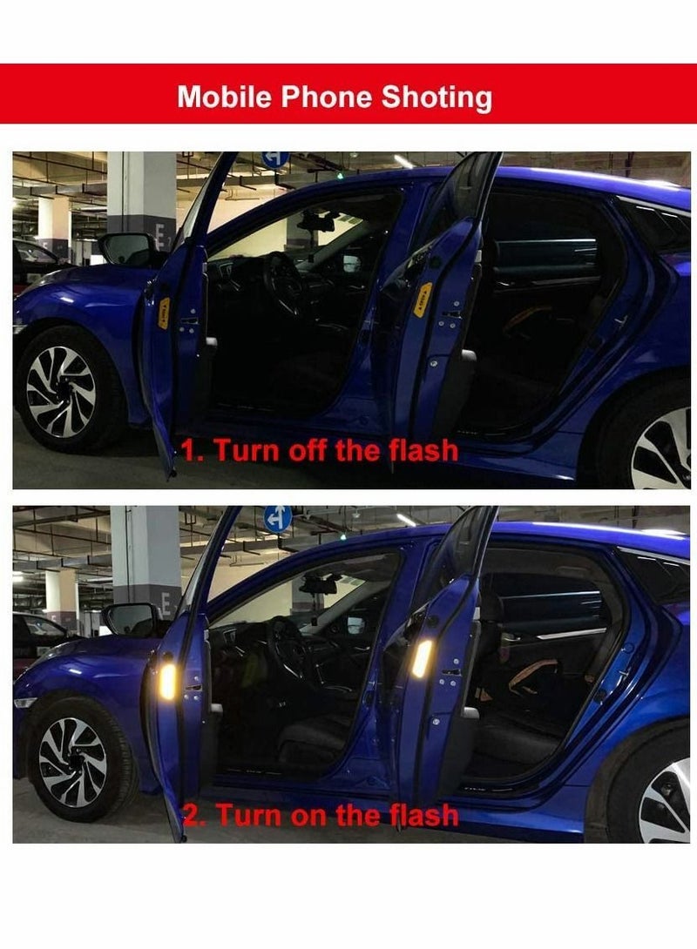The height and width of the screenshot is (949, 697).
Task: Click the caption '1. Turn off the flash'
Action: click(x=320, y=450)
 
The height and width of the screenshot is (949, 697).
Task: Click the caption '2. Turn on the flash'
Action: click(x=321, y=815)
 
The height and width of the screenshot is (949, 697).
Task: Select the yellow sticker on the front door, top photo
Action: click(x=164, y=313)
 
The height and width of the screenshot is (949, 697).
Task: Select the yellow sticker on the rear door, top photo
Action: click(x=422, y=300)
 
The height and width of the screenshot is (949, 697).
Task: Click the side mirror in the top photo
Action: click(x=126, y=248)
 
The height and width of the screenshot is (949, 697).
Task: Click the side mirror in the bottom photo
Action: click(x=130, y=620)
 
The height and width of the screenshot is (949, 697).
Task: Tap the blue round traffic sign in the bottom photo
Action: click(x=277, y=519)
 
